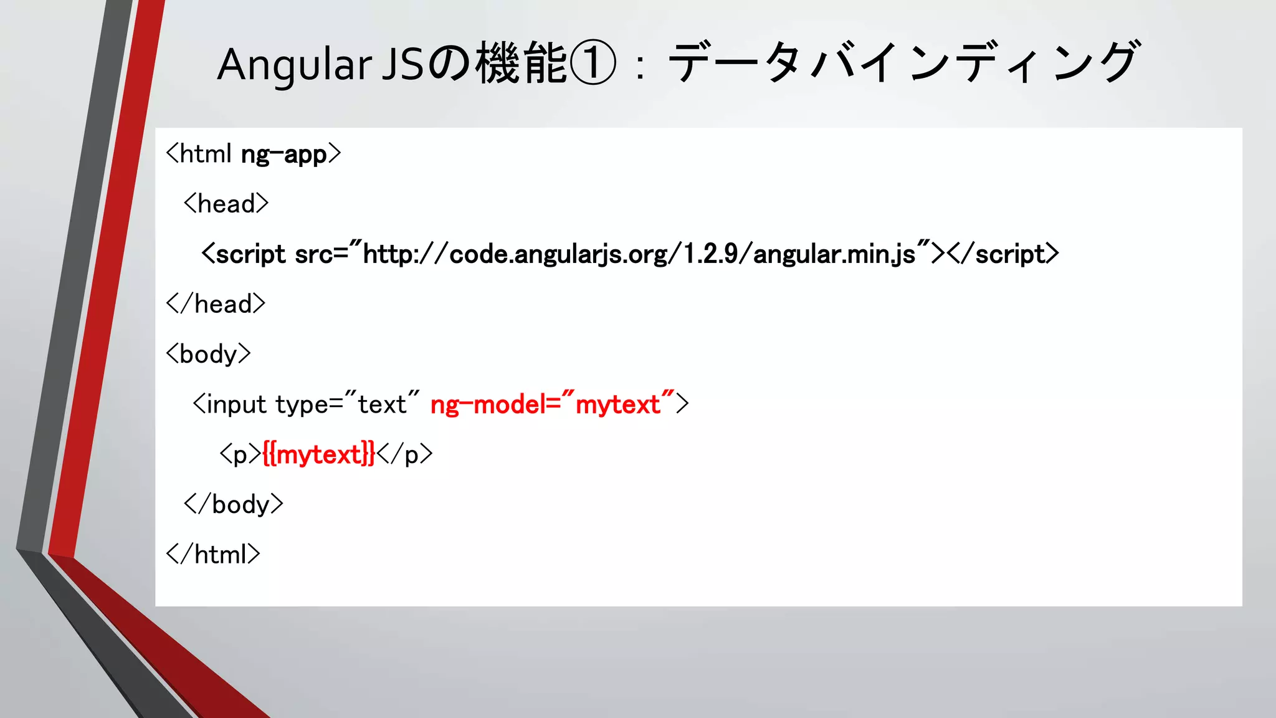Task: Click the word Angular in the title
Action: [294, 65]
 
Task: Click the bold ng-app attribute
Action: [283, 154]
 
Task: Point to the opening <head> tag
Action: [226, 204]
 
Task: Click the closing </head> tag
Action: [216, 304]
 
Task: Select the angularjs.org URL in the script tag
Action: [639, 254]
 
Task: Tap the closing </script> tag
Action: [1003, 254]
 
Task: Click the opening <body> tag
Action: [208, 354]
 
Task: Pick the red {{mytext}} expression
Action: [318, 454]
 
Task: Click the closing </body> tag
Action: [234, 504]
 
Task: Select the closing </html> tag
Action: [213, 554]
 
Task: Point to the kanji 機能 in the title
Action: [521, 64]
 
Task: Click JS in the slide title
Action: [402, 65]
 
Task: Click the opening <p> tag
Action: [240, 454]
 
